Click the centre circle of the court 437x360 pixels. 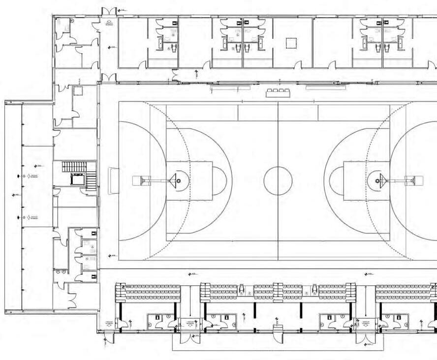pos(278,180)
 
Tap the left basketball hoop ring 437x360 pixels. pos(179,180)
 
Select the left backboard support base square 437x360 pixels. pos(137,180)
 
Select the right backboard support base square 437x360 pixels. pos(418,180)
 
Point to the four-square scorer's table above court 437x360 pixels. pos(278,92)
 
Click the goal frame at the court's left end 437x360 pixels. pos(113,180)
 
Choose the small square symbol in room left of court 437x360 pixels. pos(77,91)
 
